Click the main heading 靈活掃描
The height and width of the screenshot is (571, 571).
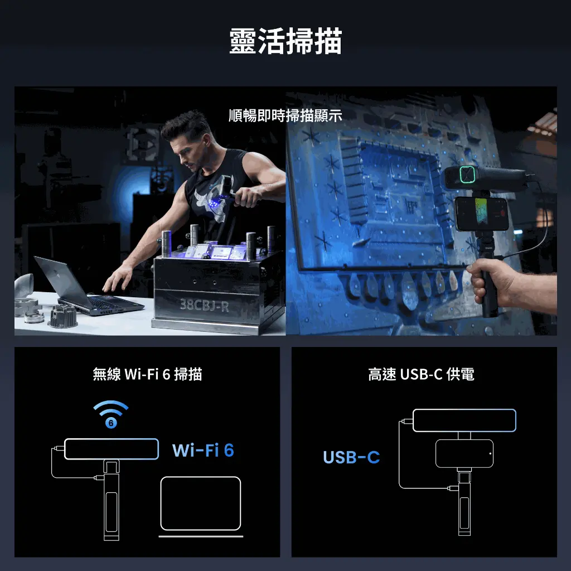(x=285, y=41)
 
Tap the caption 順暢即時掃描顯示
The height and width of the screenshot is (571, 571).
(x=285, y=116)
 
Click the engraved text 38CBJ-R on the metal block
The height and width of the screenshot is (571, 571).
(x=205, y=305)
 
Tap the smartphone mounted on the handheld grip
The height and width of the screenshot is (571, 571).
(x=481, y=214)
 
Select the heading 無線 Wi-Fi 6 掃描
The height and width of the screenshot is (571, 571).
(x=147, y=374)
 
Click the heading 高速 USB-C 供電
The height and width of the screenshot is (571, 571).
(x=422, y=374)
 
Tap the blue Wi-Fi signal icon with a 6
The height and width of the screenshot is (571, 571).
(x=111, y=414)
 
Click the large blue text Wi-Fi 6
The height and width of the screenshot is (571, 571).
(x=203, y=450)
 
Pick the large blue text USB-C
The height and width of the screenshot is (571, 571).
(x=351, y=457)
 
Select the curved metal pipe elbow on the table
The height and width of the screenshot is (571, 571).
(x=24, y=286)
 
